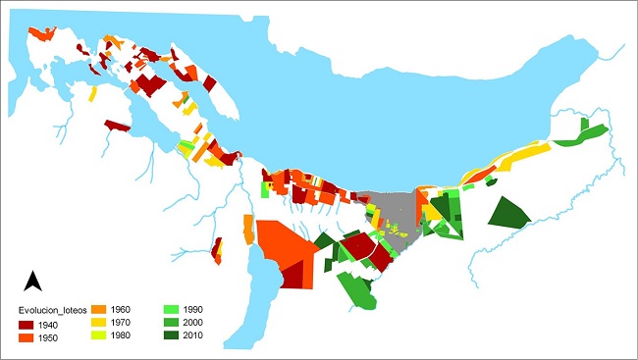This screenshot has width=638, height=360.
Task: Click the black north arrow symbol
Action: point(31,282)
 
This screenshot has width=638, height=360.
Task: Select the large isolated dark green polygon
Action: point(507,214)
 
